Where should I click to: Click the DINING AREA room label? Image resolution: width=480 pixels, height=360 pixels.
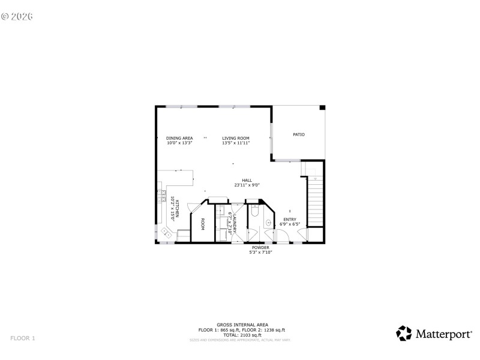tap(179, 138)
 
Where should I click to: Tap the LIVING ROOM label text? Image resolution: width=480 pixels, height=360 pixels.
tap(235, 138)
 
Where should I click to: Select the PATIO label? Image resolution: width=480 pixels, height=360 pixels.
tap(298, 134)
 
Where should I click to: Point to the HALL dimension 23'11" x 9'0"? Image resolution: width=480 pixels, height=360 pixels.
tap(247, 185)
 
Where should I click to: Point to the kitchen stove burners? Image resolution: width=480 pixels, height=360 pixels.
tap(161, 195)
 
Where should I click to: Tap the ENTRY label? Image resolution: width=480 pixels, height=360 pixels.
tap(290, 220)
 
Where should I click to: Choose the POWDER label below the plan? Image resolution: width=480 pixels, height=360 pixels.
tap(260, 247)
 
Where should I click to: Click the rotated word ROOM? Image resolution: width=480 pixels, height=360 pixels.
tap(203, 224)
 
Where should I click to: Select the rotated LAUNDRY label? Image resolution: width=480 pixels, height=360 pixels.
tap(235, 223)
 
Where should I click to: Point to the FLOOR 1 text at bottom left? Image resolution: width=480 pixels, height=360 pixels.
tap(23, 338)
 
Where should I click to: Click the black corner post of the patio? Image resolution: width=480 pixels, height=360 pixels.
tap(322, 108)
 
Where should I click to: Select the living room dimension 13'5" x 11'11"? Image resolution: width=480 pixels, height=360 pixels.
tap(235, 143)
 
